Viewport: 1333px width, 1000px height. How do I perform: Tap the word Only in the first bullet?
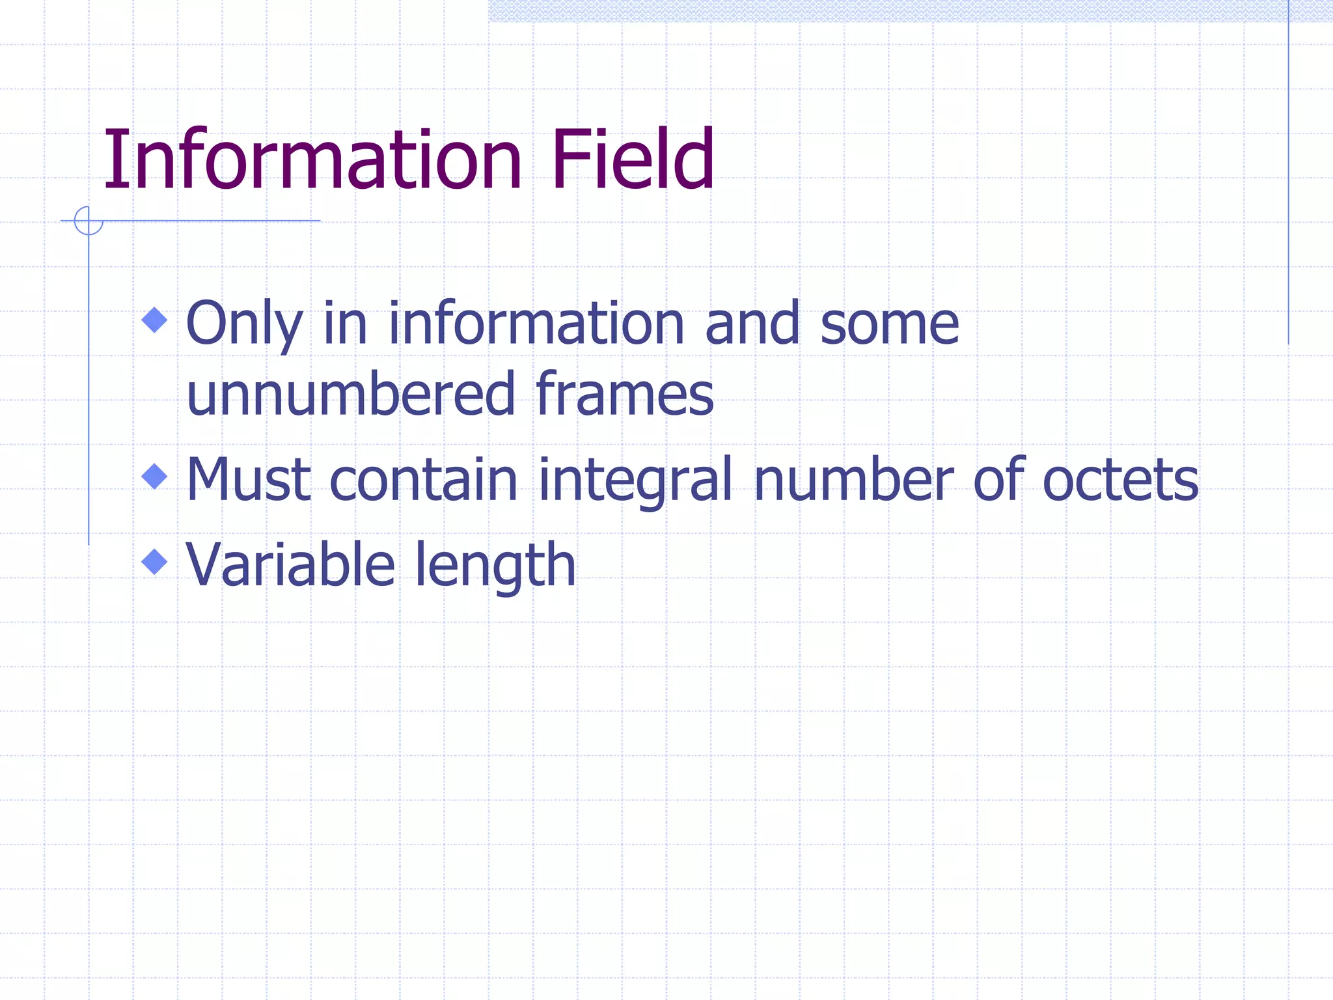(x=245, y=324)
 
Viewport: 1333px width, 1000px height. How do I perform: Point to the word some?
(x=889, y=324)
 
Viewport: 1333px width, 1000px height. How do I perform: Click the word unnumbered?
(x=351, y=394)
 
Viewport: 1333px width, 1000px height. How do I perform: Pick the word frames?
(x=624, y=394)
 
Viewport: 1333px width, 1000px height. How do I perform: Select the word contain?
(x=424, y=480)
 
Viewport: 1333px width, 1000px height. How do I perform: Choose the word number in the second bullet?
(x=853, y=480)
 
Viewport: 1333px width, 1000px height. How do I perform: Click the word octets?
(x=1120, y=480)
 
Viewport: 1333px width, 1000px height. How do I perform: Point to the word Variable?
(x=290, y=564)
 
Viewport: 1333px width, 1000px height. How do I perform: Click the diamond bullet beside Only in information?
(x=154, y=320)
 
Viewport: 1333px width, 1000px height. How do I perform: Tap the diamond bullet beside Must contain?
(x=154, y=476)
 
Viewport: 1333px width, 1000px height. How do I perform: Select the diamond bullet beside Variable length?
(x=154, y=561)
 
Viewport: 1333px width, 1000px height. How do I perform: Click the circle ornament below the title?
(x=89, y=220)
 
